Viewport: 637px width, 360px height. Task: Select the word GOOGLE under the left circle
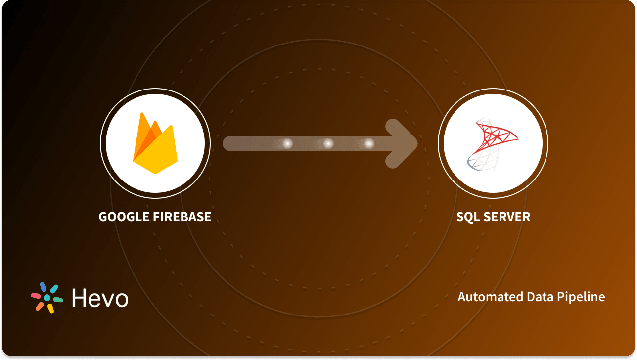(x=122, y=217)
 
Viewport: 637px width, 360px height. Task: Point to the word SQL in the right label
(x=467, y=217)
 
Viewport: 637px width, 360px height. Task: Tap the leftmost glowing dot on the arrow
(x=287, y=143)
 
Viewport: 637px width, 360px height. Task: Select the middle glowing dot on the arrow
(x=328, y=143)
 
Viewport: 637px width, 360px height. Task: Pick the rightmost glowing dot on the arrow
(x=369, y=143)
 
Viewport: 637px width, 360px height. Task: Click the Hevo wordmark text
(x=100, y=298)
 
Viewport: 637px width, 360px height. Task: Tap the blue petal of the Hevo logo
(x=43, y=287)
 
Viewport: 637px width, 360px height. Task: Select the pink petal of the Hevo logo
(x=36, y=295)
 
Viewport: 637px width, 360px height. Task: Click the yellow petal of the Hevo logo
(x=50, y=308)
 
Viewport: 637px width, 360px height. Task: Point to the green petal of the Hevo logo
(x=58, y=300)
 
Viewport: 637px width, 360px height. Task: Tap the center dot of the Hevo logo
(x=47, y=298)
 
